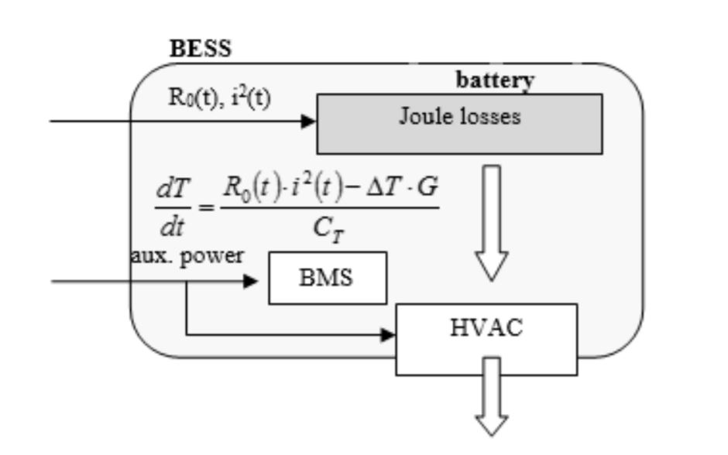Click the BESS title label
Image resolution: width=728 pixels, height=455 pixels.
tap(200, 49)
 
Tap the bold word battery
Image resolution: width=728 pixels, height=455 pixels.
tap(495, 80)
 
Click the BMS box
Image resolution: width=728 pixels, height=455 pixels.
tap(327, 277)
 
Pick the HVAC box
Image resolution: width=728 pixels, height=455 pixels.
tap(486, 338)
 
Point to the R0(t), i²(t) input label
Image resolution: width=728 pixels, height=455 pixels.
tap(219, 98)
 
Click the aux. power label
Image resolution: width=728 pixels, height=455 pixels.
tap(186, 256)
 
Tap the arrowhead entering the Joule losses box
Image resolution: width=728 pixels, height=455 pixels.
tap(309, 121)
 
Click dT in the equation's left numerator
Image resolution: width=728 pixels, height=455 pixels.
tap(170, 188)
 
